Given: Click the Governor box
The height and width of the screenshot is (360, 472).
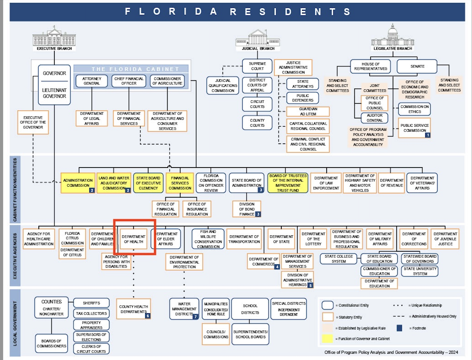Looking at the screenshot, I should [54, 73].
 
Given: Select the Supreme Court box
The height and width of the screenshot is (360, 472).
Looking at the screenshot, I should [257, 66].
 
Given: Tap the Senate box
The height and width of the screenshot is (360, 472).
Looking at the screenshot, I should [417, 66].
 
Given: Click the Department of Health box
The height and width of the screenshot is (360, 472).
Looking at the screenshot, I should [134, 239].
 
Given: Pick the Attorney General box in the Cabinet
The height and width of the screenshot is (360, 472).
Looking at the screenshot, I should [92, 81].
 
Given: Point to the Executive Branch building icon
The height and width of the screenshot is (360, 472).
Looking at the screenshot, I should [54, 37].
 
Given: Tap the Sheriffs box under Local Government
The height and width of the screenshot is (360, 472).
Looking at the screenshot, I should [91, 303].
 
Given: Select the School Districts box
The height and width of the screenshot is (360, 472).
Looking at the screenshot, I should [250, 309].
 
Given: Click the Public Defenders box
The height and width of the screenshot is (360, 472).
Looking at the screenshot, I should [302, 98].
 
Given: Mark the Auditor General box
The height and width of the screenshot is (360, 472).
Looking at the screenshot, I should [374, 118].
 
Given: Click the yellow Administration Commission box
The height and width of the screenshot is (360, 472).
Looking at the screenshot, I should [78, 183].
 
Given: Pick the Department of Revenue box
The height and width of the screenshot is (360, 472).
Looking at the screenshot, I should [391, 183].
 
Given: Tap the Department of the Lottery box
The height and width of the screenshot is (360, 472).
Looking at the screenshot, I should [313, 239].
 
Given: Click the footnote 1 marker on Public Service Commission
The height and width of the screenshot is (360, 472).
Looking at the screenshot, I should [428, 135].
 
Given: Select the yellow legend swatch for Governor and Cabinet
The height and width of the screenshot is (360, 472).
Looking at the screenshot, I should [327, 339].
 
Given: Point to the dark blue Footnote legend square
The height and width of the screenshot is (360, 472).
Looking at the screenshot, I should [399, 328].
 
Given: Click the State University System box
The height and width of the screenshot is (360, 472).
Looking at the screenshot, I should [420, 271].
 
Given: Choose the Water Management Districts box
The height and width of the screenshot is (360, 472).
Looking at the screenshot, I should [184, 309].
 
